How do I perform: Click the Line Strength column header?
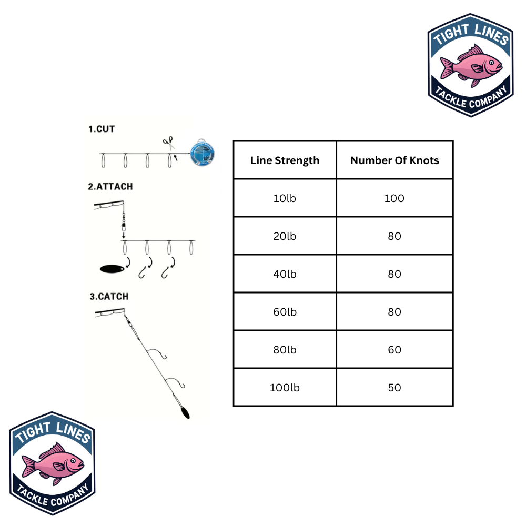(x=285, y=160)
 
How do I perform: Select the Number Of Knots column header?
(x=394, y=160)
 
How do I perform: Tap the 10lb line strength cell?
(x=285, y=198)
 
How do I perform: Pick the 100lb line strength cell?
(x=285, y=388)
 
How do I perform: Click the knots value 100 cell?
(x=394, y=198)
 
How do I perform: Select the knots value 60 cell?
(x=394, y=350)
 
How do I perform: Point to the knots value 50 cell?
(x=394, y=388)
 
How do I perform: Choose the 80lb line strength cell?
(x=285, y=350)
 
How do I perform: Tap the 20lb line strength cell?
(x=285, y=236)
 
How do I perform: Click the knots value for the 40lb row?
(x=394, y=274)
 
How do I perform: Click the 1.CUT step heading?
(x=101, y=129)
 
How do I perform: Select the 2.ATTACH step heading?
(x=110, y=187)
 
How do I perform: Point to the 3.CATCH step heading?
(x=109, y=297)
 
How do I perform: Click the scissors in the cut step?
(x=169, y=142)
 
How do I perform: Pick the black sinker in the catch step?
(x=184, y=412)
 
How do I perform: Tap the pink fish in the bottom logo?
(x=53, y=463)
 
